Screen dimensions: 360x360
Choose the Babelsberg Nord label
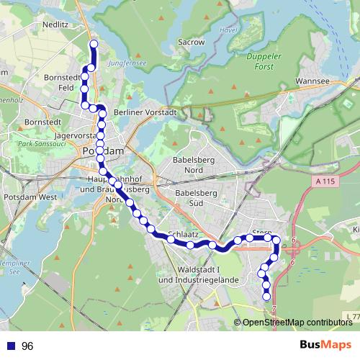click(195, 166)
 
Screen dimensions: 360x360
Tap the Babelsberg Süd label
click(195, 198)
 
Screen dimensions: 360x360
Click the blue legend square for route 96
click(10, 346)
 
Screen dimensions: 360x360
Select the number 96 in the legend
click(27, 346)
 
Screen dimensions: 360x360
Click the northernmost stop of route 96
click(93, 44)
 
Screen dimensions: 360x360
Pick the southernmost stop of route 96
click(267, 296)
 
